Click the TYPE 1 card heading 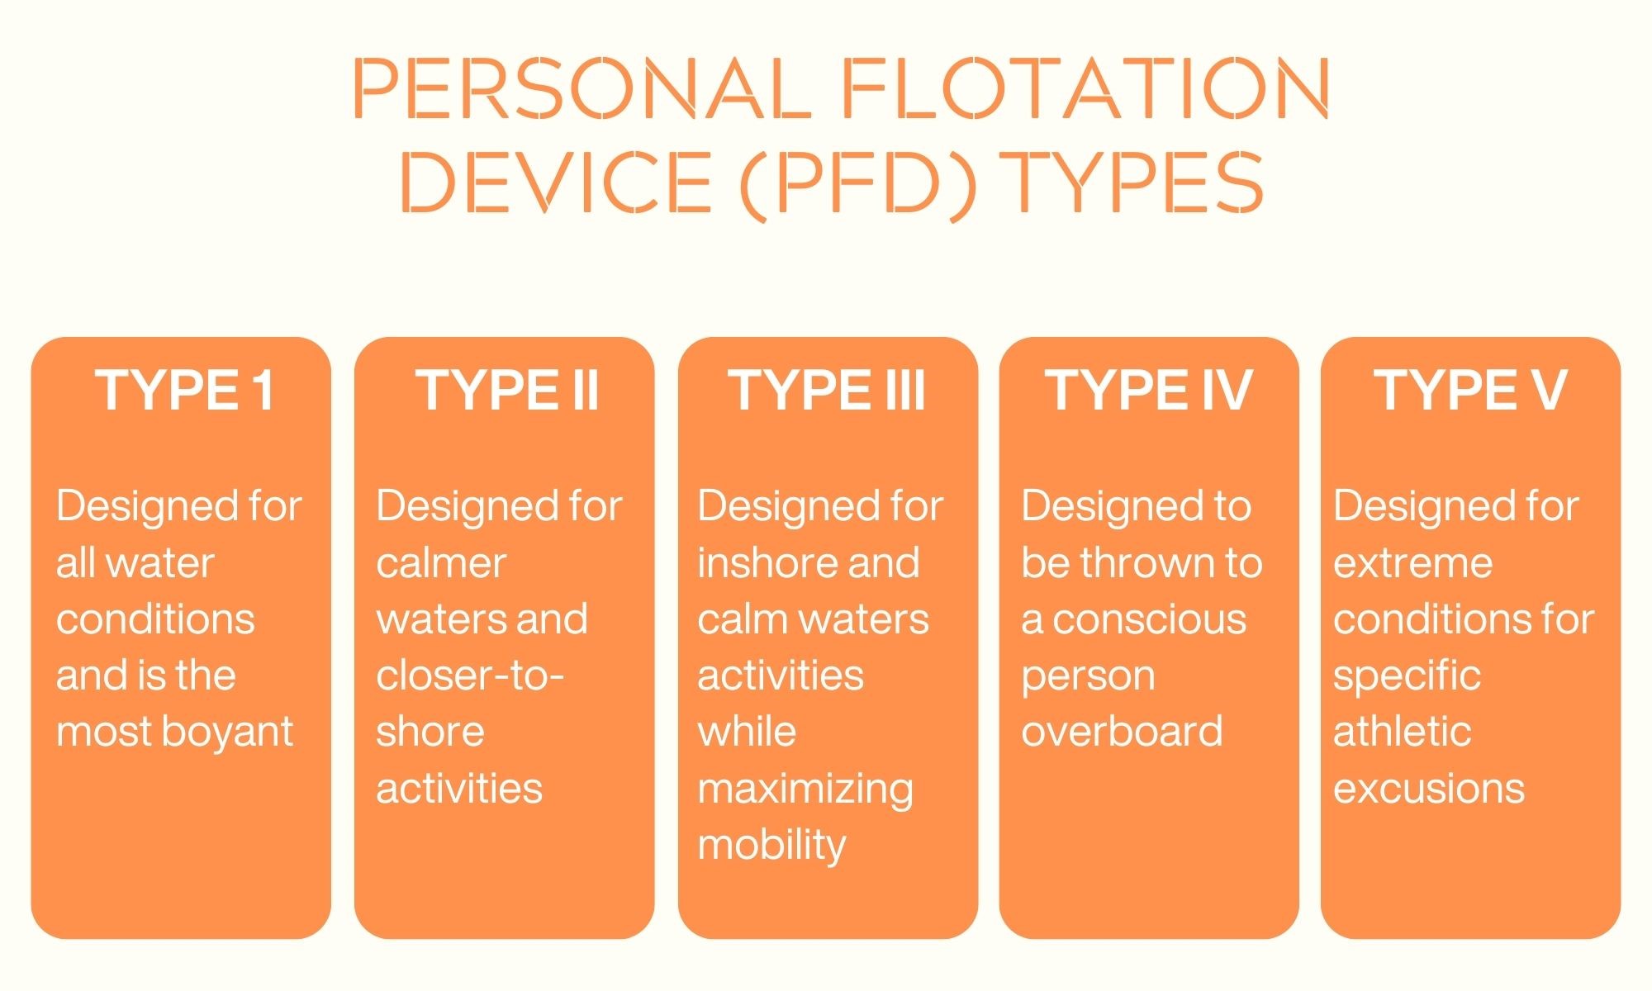184,390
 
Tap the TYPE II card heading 507,390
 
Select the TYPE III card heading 827,390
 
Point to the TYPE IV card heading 1149,390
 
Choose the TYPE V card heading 1470,390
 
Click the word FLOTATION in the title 1085,88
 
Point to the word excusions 1429,788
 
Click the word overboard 1122,731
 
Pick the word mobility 771,846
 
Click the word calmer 441,563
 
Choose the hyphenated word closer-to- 469,676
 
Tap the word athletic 1402,731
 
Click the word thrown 1149,563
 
